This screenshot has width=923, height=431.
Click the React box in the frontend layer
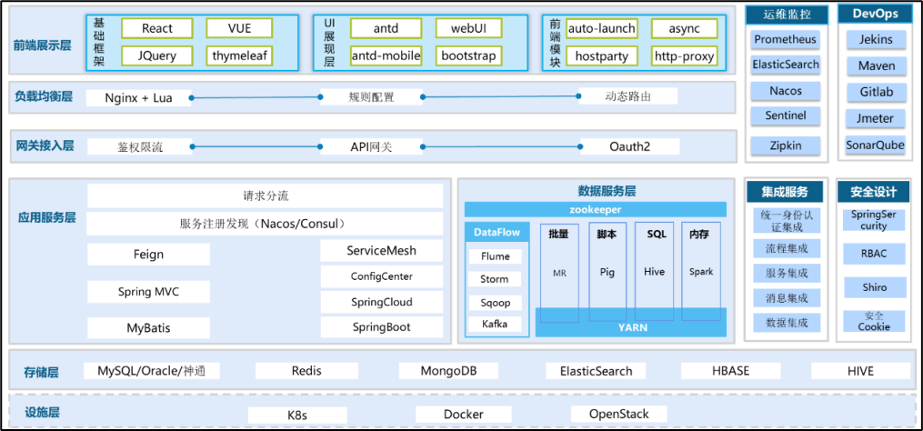pos(156,28)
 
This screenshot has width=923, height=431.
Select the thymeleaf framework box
pos(240,55)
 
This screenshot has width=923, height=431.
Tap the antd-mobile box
pos(386,55)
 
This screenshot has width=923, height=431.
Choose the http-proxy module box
pos(684,55)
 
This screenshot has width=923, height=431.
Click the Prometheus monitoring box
pos(785,40)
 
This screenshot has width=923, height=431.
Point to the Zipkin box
pos(785,145)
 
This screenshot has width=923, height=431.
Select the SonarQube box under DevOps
pos(875,145)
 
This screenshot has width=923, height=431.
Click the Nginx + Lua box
pos(138,96)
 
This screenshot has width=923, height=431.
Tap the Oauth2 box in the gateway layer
pos(630,146)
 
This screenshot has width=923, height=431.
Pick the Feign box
pos(148,255)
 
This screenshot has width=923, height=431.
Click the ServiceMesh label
pos(381,251)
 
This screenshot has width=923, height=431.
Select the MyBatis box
pos(148,327)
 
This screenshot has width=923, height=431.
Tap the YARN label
pos(633,327)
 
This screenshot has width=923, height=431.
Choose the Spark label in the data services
pos(701,272)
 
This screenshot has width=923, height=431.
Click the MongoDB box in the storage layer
pos(448,371)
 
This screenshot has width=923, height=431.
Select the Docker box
pos(463,415)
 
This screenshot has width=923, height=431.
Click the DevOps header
pos(875,14)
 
